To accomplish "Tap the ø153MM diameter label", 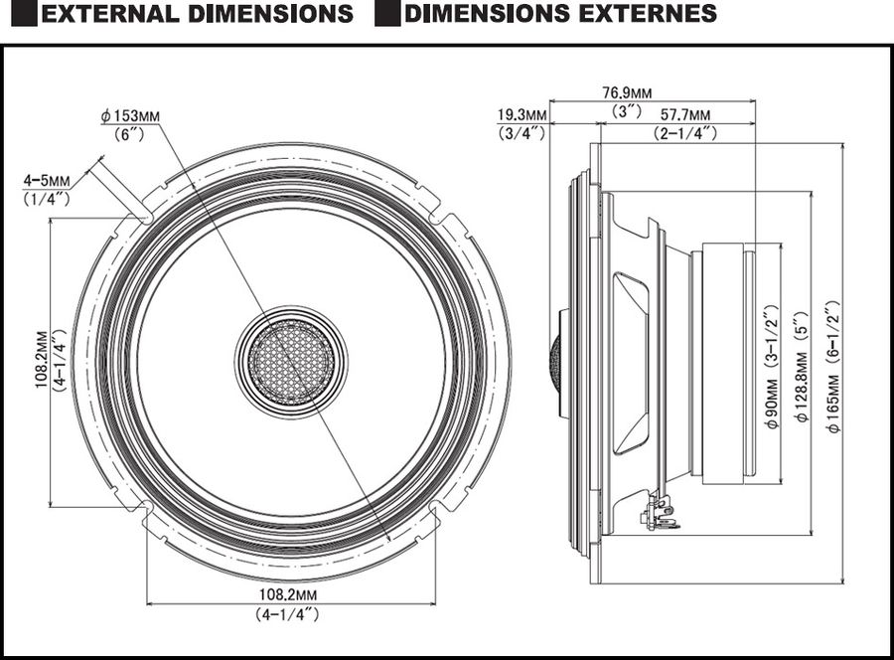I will point(130,116).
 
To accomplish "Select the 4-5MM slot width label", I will point(47,181).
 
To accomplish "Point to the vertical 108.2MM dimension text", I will point(43,361).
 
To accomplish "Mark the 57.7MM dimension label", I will point(685,114).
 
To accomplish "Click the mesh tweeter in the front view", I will point(291,360).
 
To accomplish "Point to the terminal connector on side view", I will point(657,514).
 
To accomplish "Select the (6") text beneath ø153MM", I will point(130,133).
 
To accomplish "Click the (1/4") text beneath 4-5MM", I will point(47,198).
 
